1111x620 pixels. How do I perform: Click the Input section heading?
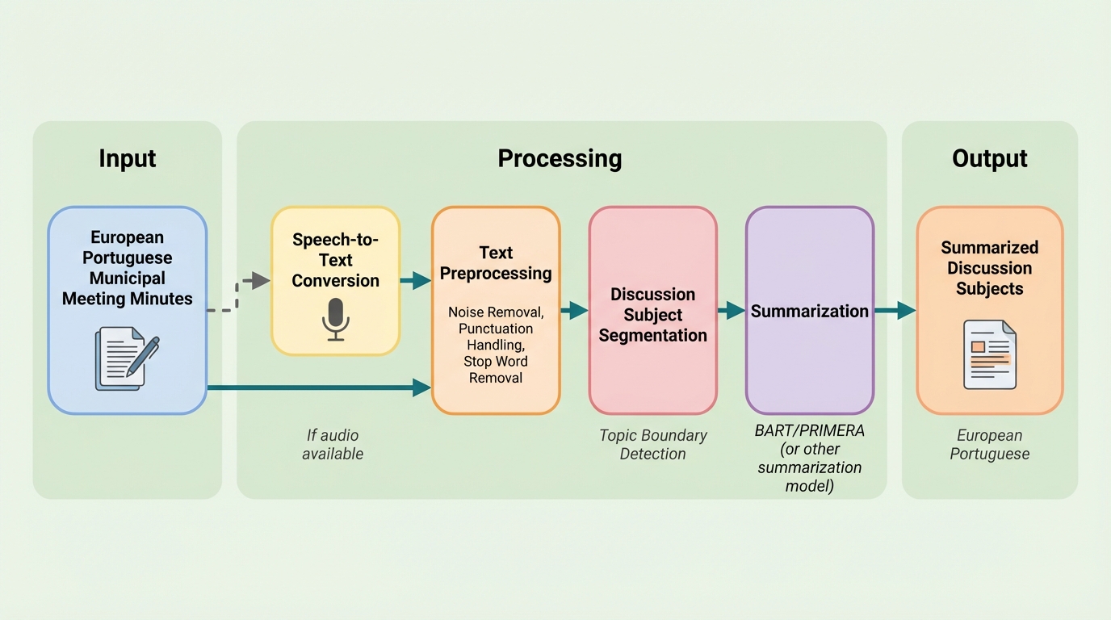point(127,158)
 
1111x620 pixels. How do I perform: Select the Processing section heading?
point(560,158)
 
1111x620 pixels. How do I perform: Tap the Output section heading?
point(989,158)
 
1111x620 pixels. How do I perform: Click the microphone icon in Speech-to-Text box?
point(335,319)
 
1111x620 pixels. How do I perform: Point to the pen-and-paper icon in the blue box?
point(127,358)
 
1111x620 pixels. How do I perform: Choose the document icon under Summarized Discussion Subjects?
point(989,354)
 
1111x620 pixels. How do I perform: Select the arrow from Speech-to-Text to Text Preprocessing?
point(416,280)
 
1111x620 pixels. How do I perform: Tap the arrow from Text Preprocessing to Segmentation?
point(574,310)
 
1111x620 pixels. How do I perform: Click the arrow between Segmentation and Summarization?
point(731,310)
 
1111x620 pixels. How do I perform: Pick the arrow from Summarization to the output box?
point(895,310)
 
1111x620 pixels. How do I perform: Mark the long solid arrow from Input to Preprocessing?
point(319,387)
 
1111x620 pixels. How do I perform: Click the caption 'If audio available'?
point(333,444)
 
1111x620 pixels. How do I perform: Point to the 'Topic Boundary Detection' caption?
point(652,444)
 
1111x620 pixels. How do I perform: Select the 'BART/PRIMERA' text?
point(809,430)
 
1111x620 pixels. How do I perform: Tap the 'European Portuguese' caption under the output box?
point(989,444)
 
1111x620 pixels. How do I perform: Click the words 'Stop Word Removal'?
point(496,369)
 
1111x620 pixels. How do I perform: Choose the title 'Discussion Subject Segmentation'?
point(652,315)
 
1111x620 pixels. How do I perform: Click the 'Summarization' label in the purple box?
point(809,311)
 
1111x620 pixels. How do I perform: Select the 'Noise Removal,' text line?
point(496,312)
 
